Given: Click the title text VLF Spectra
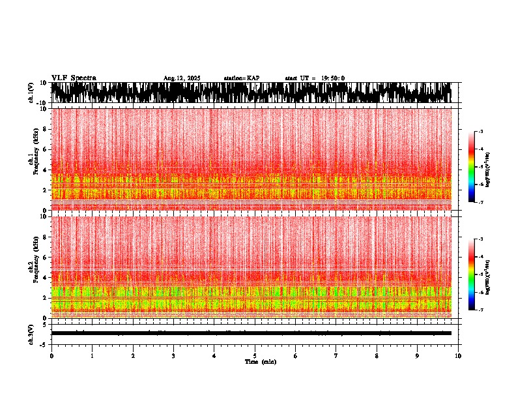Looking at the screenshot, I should (x=74, y=78).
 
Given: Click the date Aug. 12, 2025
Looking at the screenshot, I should (x=182, y=78).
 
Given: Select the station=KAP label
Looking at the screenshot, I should (x=242, y=78).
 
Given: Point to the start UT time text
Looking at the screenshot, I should (x=315, y=78).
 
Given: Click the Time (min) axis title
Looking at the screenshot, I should (x=260, y=362).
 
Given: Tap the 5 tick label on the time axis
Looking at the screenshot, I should (x=255, y=356).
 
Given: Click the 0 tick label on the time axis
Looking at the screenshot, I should (x=51, y=356).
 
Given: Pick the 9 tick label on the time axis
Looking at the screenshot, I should (x=418, y=356).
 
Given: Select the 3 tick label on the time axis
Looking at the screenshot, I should (x=173, y=356).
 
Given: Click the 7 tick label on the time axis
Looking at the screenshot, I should (x=336, y=356).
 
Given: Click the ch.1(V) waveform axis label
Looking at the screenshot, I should (x=31, y=93).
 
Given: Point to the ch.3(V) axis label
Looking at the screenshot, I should (x=31, y=332).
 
